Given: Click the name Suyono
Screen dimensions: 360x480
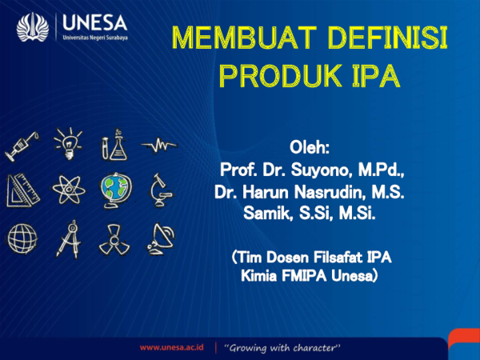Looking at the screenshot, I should (326, 170).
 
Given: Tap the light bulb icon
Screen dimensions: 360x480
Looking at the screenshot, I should (67, 143).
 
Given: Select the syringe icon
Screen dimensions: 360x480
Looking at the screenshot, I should (22, 145).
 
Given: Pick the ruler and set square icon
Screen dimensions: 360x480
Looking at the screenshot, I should (22, 190).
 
